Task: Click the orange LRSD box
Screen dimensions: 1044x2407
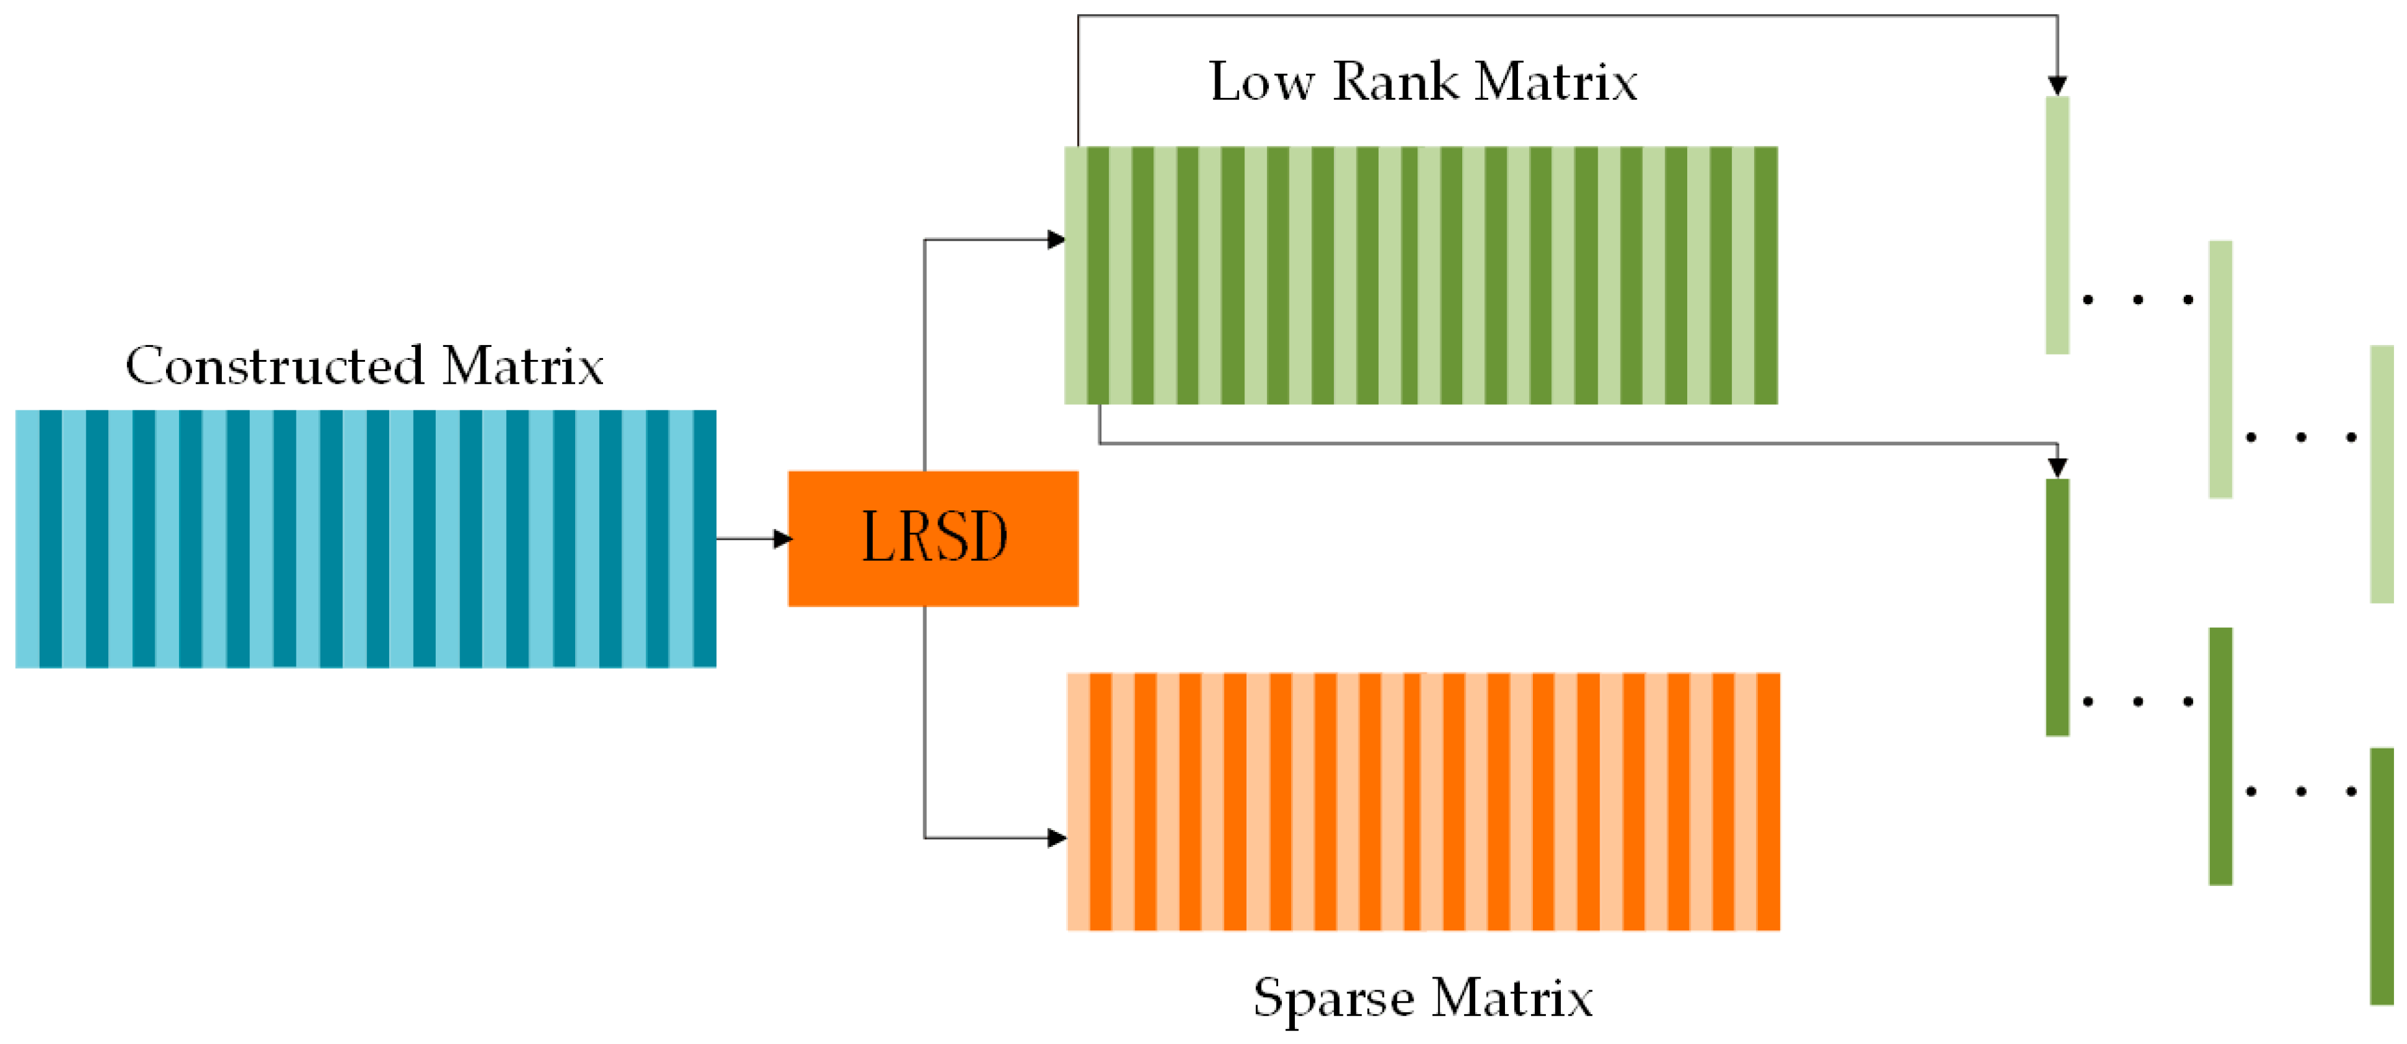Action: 932,538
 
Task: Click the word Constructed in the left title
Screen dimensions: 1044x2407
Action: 275,366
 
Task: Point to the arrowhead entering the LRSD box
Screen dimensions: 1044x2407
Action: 783,538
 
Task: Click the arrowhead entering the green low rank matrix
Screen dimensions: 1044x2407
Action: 1056,240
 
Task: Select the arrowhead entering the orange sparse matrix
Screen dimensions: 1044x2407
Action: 1057,837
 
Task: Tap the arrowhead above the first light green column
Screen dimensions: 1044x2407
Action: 2057,86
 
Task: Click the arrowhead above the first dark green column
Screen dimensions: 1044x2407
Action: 2057,468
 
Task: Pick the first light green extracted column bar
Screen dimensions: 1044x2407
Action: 2057,224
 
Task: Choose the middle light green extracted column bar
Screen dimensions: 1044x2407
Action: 2220,369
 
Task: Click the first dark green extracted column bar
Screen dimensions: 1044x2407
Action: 2057,608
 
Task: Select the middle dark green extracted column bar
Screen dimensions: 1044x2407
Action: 2220,755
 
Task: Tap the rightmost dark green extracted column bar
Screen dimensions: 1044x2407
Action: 2382,876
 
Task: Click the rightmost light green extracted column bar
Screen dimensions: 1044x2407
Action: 2382,474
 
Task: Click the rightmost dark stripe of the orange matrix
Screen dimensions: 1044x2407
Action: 1768,801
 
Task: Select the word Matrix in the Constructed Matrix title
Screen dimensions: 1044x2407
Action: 523,366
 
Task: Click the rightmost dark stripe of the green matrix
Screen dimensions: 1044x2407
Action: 1765,275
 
